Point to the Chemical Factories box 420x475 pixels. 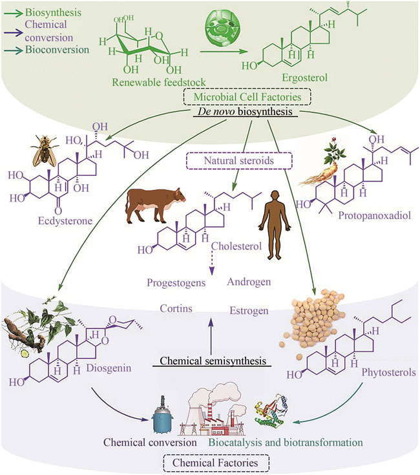coord(209,462)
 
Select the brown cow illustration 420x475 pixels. coord(154,209)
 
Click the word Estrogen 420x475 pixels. coord(249,311)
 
